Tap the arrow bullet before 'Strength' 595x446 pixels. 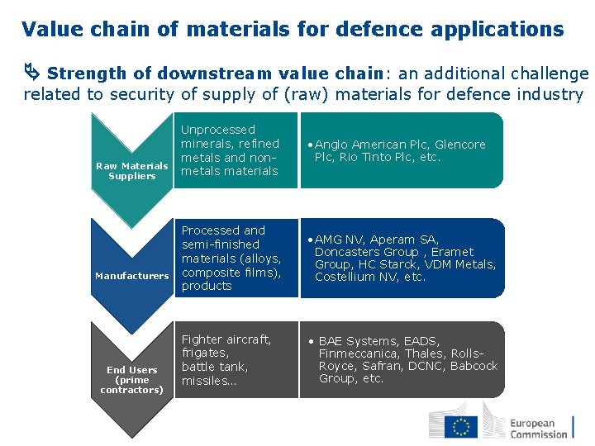pos(32,74)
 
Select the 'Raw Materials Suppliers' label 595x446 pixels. pos(132,171)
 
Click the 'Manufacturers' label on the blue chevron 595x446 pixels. pos(132,276)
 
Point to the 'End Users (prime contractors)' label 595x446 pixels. pos(132,380)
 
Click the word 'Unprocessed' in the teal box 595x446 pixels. pos(218,130)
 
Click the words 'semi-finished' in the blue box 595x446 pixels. pos(221,244)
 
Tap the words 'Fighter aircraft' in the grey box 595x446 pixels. pos(226,339)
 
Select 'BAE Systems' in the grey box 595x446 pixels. pos(355,341)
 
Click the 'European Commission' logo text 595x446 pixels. pos(538,428)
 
